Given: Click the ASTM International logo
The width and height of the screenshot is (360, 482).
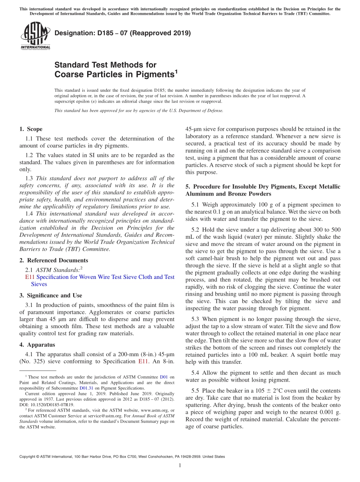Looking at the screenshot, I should point(35,36).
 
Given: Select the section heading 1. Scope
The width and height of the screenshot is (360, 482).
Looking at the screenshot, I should point(31,129).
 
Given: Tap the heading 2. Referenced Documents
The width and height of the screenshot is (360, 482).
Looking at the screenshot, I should point(53,260).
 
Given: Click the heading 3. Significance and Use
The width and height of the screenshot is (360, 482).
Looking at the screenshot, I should point(50,296).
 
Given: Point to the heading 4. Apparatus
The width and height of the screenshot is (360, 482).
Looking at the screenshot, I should point(37,345).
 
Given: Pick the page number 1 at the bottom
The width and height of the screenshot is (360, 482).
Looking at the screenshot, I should point(180,465).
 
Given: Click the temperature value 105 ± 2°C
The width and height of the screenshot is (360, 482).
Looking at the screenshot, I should point(242,390).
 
